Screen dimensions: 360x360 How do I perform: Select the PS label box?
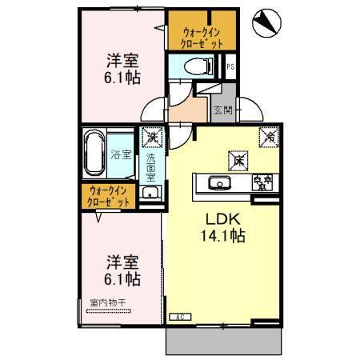point(230,67)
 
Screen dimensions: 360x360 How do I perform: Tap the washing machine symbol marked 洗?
point(150,137)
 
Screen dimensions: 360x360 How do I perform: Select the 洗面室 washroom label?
point(150,169)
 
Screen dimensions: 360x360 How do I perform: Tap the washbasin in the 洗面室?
point(150,193)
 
